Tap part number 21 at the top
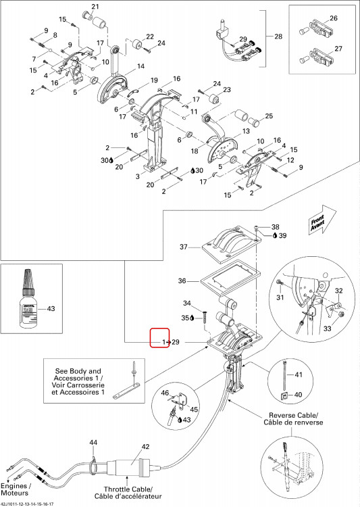(x=95, y=7)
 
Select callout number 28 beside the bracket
(x=278, y=37)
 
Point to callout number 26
(x=334, y=18)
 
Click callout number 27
(x=338, y=49)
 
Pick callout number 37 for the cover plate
(x=184, y=247)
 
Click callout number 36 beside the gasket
(x=182, y=281)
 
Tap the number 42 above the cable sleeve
(x=146, y=447)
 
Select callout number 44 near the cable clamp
(x=93, y=442)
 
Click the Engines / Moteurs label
(x=16, y=489)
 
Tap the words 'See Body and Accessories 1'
(x=78, y=375)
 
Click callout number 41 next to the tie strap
(x=299, y=375)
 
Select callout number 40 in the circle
(x=298, y=395)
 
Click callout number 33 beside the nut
(x=328, y=329)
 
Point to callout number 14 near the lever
(x=140, y=66)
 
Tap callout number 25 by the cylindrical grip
(x=269, y=116)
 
